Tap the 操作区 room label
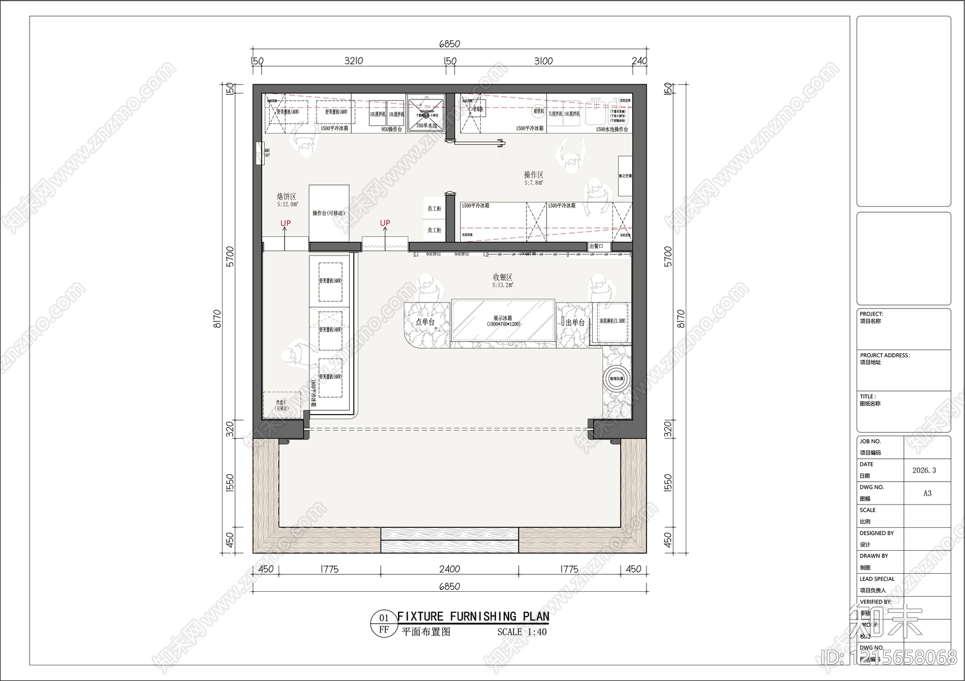pos(533,175)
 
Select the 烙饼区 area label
pos(286,197)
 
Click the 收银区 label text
pos(502,278)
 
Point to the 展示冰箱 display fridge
pos(502,321)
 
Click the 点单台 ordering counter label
pos(425,322)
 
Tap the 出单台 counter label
pos(575,323)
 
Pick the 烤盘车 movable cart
pos(281,405)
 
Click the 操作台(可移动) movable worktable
pos(329,213)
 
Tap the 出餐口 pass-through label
pos(596,246)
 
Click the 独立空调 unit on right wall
pos(625,176)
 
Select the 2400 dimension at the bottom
pos(449,569)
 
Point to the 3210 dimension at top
pos(353,61)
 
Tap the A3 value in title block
pos(927,493)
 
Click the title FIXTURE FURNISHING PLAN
pos(473,617)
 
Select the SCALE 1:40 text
pos(522,632)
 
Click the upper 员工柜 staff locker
pos(434,209)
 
